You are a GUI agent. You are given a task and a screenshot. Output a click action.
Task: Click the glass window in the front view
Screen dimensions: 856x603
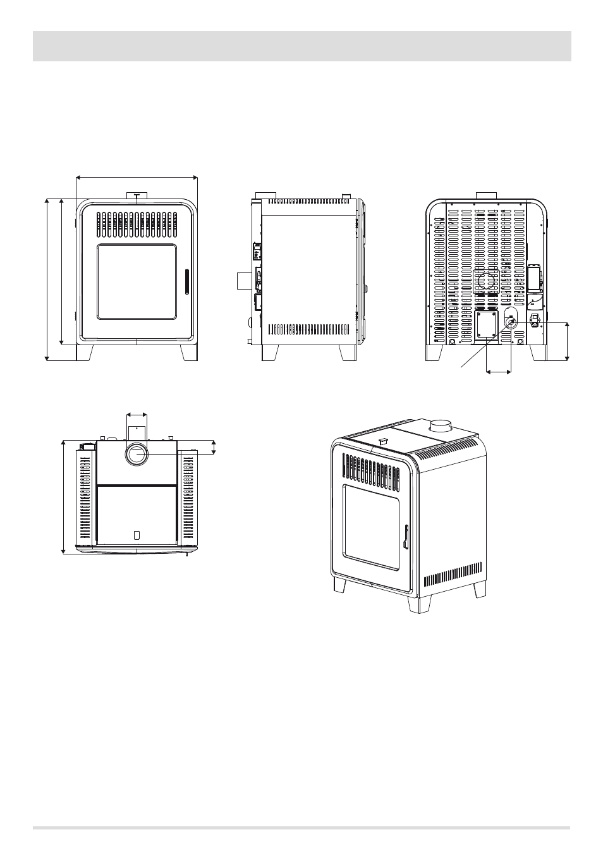point(137,282)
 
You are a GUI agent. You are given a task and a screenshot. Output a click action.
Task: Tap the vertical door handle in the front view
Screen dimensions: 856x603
point(186,281)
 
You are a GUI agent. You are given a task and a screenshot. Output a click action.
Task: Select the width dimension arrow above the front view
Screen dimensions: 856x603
point(137,178)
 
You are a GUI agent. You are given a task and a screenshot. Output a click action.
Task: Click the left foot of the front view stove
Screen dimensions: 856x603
point(85,352)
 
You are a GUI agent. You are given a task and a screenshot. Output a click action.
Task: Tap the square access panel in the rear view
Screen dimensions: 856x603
point(487,324)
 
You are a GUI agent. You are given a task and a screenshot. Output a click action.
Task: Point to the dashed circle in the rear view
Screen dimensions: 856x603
point(487,282)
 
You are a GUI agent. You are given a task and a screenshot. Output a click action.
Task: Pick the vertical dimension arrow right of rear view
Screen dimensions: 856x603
point(567,341)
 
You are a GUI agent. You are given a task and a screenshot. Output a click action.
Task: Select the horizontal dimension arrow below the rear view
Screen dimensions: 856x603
point(499,372)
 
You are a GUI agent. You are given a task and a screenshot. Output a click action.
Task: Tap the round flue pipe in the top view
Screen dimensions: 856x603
point(137,454)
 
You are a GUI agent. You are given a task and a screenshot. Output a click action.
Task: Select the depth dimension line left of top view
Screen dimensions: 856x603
point(64,497)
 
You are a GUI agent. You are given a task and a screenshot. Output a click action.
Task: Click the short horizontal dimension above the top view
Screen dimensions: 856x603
point(137,415)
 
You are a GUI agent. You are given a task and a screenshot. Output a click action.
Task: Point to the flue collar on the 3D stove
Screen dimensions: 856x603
point(440,426)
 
